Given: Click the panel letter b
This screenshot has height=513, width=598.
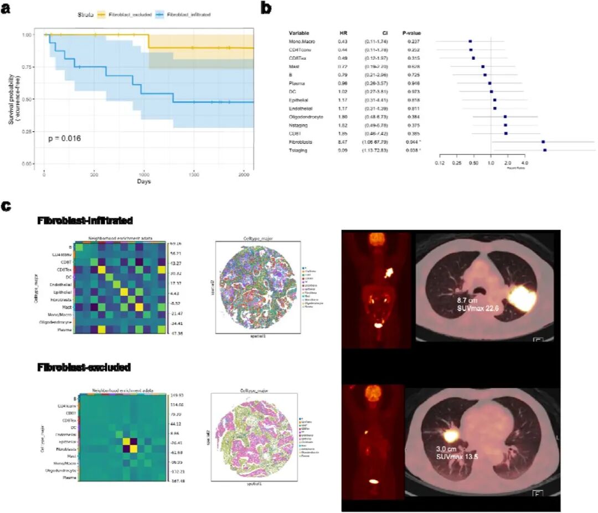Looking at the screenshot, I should (x=265, y=9).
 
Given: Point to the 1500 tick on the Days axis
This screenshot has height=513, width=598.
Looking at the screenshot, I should (x=193, y=175).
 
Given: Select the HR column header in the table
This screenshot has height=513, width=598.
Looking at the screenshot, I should (x=343, y=33).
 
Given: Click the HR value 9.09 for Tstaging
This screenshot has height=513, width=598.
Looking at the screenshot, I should (x=343, y=150).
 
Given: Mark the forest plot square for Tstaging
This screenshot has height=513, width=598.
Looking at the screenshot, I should (x=545, y=150).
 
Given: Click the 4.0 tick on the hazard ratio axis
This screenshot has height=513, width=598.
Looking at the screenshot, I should (x=525, y=163).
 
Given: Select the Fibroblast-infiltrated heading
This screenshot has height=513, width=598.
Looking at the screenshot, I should (x=85, y=221).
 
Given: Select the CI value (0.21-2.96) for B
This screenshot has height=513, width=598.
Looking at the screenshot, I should (x=374, y=74).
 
